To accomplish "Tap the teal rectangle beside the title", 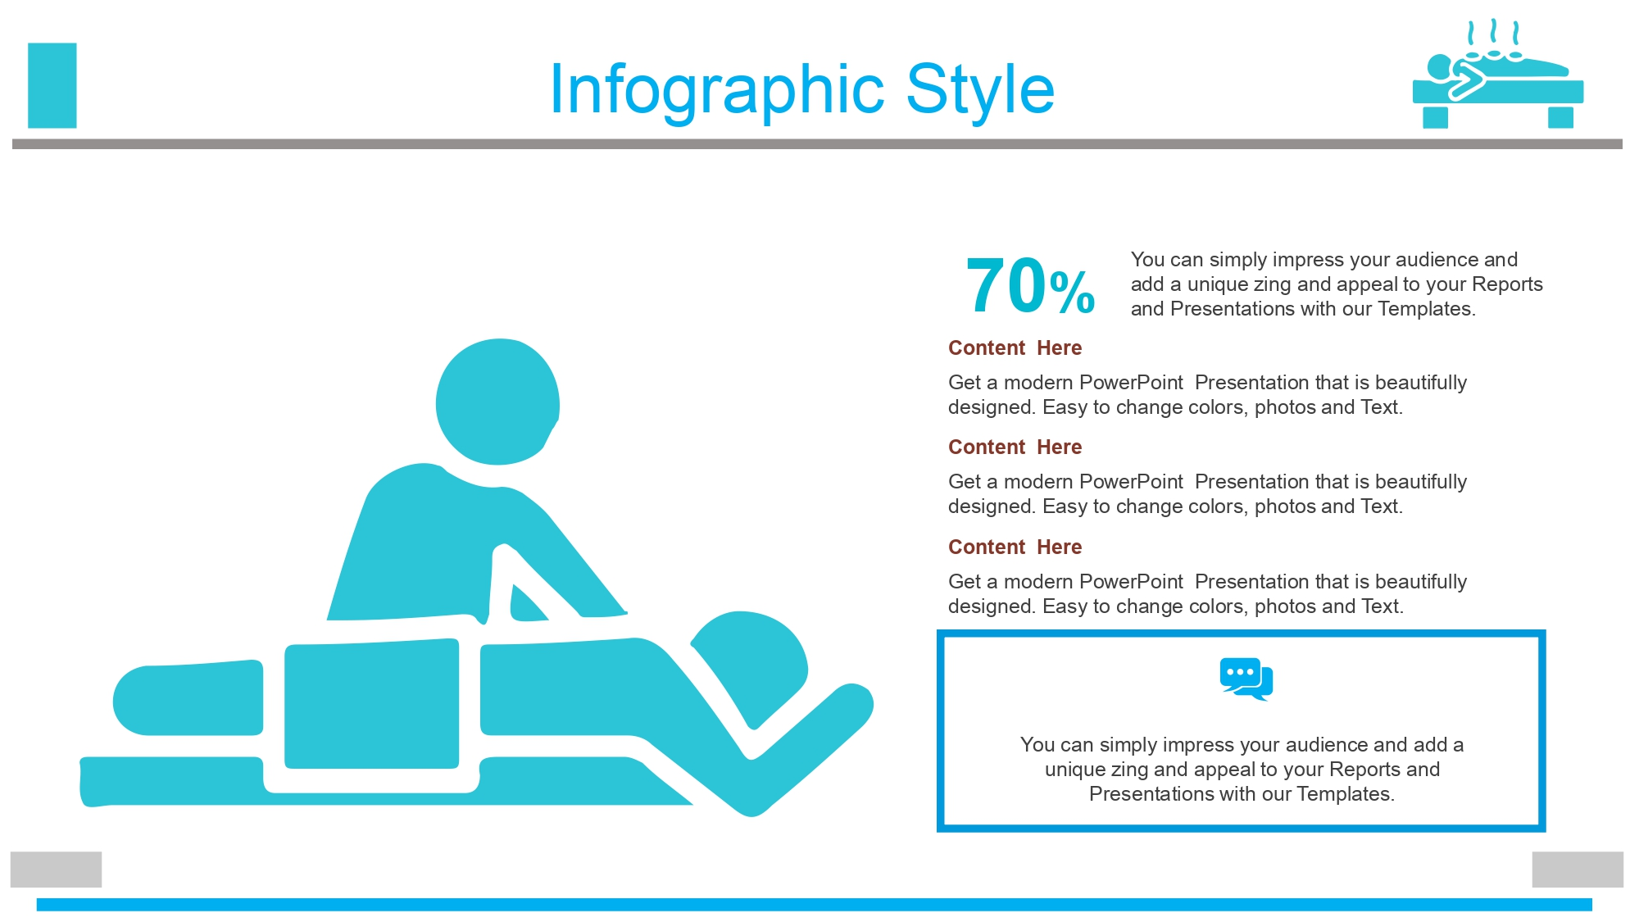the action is [x=52, y=85].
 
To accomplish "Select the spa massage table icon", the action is [x=1497, y=74].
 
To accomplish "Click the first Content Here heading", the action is [x=1015, y=348].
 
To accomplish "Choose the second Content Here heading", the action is [x=1015, y=447].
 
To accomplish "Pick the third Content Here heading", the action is [x=1015, y=547].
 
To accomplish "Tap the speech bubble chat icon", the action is [x=1246, y=679].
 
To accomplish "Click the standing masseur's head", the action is [x=497, y=402].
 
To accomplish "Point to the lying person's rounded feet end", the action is [x=148, y=701].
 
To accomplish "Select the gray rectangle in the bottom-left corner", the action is [x=56, y=870].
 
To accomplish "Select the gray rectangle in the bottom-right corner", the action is [x=1578, y=870].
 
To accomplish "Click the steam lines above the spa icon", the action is [x=1494, y=33].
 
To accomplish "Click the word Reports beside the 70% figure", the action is [x=1507, y=284].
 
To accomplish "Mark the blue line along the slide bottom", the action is [x=814, y=905].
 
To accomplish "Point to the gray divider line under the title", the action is [x=817, y=144].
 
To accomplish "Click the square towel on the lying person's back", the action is [x=371, y=704].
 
